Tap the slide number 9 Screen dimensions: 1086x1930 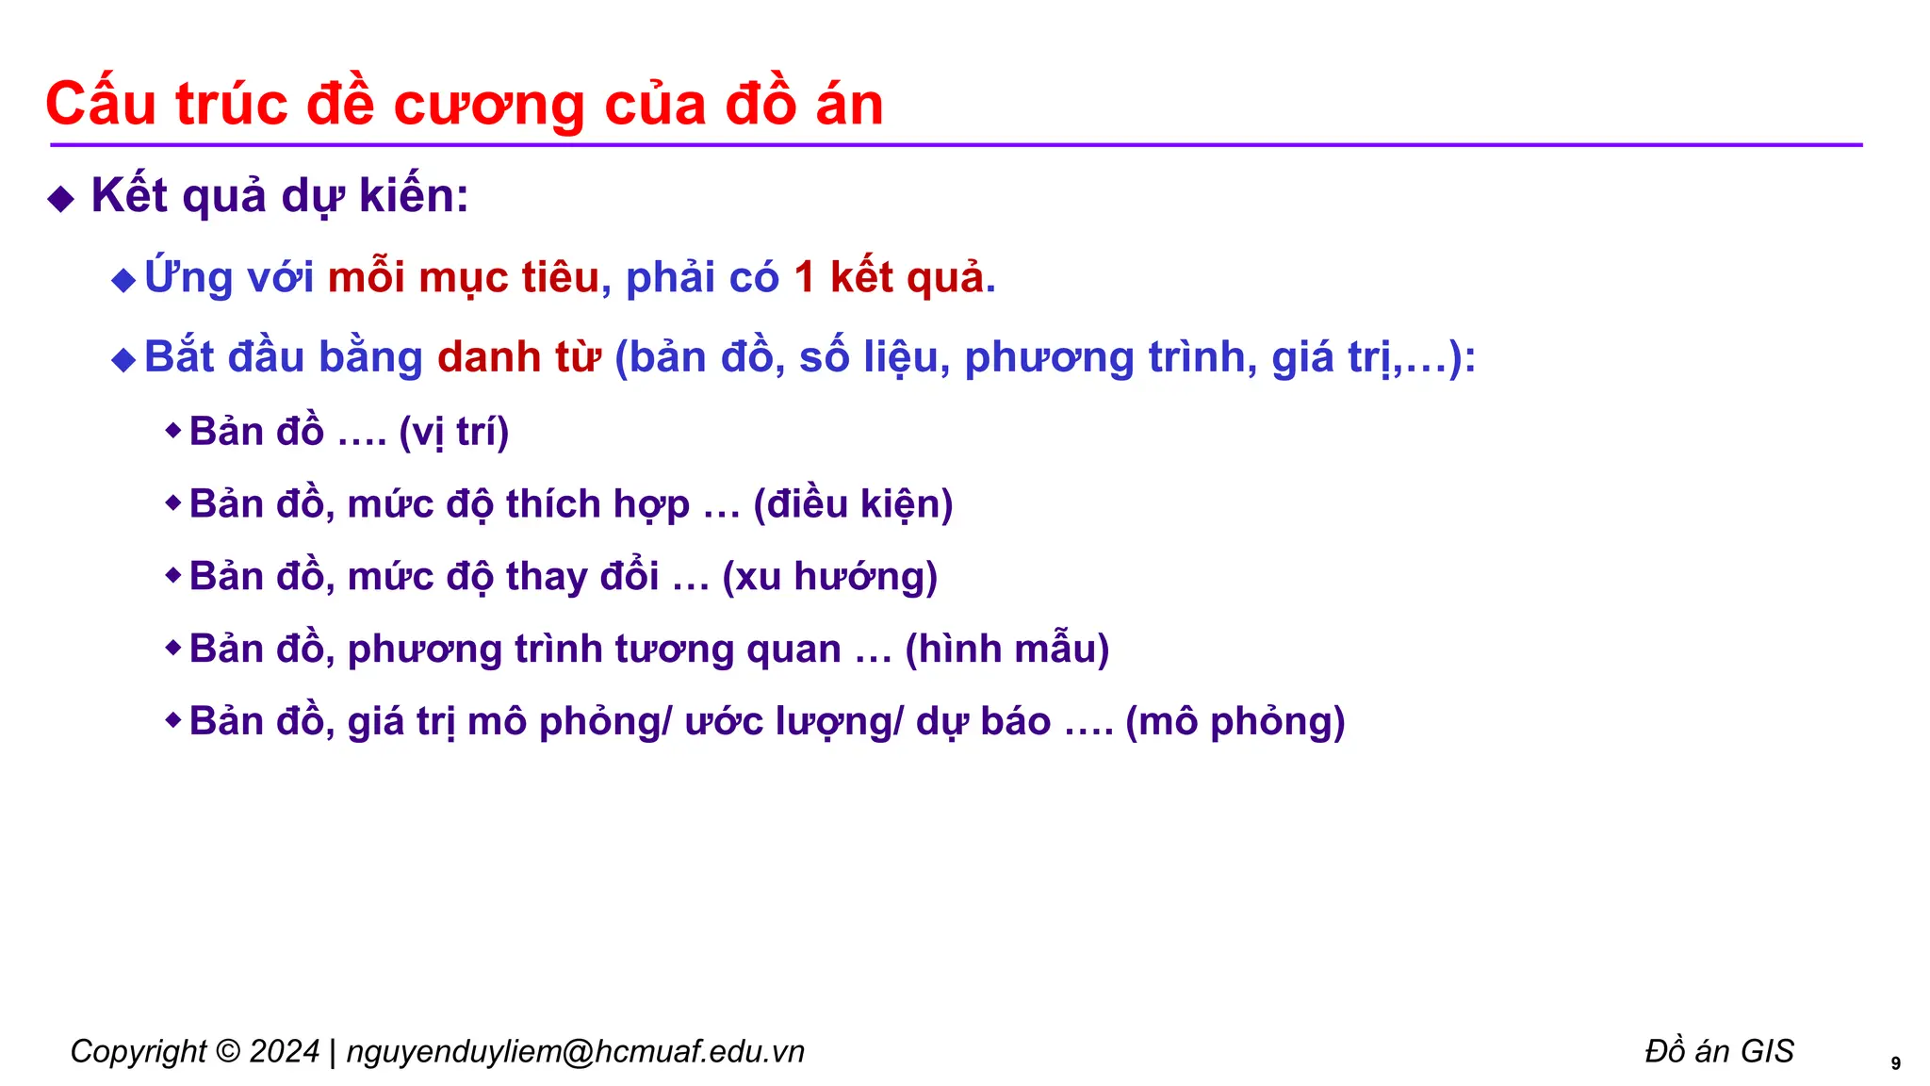point(1895,1064)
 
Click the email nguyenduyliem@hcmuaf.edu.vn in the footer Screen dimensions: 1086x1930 point(575,1052)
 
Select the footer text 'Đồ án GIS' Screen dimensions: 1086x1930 point(1719,1051)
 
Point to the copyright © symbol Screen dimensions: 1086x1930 point(227,1052)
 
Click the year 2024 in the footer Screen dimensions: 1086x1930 point(284,1052)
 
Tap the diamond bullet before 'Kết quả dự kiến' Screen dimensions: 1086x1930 point(61,199)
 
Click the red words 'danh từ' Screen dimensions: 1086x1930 point(519,358)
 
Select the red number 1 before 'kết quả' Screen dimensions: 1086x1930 point(804,278)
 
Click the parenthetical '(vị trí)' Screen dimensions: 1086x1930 point(454,433)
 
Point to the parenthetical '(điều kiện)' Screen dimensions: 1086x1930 point(853,505)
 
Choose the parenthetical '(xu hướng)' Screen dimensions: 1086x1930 point(829,577)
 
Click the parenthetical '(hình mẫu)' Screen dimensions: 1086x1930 point(1006,650)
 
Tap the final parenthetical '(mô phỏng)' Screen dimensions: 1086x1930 point(1235,722)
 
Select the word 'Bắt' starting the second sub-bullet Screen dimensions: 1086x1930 point(180,358)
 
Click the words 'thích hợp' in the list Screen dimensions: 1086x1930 point(597,505)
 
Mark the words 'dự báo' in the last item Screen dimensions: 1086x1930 point(983,722)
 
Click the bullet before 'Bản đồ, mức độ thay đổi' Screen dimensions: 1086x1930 point(172,575)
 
